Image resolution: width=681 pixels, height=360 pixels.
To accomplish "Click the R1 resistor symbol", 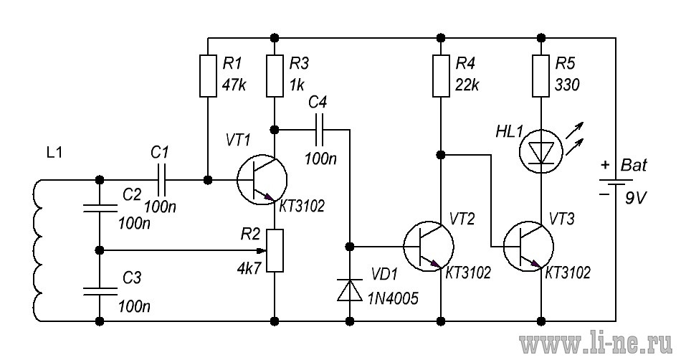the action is (208, 75).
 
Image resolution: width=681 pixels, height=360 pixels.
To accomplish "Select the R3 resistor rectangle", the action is (275, 75).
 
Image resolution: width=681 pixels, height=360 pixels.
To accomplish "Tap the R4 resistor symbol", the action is (441, 75).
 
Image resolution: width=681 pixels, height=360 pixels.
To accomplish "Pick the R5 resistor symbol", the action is (540, 75).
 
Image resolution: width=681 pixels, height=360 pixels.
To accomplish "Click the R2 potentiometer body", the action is (275, 250).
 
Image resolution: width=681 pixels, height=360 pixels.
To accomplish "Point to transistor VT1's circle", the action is (262, 179).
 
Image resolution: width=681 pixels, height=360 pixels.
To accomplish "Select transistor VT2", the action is (429, 246).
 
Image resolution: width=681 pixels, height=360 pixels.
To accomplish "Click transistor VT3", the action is (528, 246).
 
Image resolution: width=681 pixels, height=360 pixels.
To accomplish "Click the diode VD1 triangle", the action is (350, 290).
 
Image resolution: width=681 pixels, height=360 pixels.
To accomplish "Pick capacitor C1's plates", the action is (161, 179).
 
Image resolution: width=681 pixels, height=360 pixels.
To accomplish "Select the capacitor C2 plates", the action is (100, 208).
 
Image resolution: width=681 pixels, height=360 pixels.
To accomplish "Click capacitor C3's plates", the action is (100, 291).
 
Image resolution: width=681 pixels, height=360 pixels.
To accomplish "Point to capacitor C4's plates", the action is (320, 129).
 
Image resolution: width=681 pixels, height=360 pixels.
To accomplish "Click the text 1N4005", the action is (393, 298).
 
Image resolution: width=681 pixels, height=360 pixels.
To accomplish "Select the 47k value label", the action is (234, 85).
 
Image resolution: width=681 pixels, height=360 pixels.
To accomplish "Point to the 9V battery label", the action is (636, 199).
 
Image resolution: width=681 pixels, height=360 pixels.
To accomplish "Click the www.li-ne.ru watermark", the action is (596, 344).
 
